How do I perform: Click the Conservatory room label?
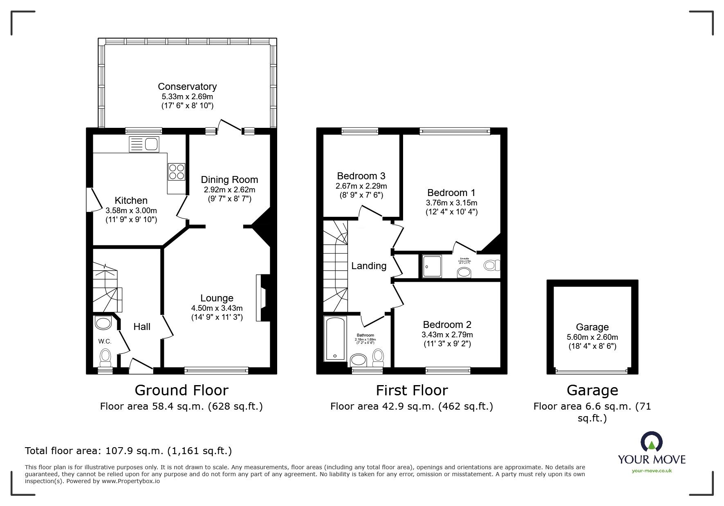pyautogui.click(x=187, y=87)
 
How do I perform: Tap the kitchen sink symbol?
pyautogui.click(x=143, y=144)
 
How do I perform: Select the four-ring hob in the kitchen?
pyautogui.click(x=176, y=172)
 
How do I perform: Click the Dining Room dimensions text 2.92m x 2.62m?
pyautogui.click(x=229, y=190)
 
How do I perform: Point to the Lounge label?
pyautogui.click(x=217, y=298)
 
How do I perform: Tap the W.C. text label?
pyautogui.click(x=105, y=341)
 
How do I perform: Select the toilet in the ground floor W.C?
pyautogui.click(x=105, y=358)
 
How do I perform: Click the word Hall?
pyautogui.click(x=142, y=327)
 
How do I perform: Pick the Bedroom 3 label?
pyautogui.click(x=361, y=176)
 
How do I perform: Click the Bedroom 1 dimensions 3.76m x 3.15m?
pyautogui.click(x=451, y=203)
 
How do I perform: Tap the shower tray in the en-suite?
pyautogui.click(x=432, y=267)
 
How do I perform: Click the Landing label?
pyautogui.click(x=369, y=266)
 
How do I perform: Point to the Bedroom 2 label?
pyautogui.click(x=447, y=325)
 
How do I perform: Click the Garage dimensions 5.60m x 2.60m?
pyautogui.click(x=592, y=337)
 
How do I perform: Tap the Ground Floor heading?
pyautogui.click(x=181, y=390)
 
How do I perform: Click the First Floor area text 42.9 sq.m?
pyautogui.click(x=412, y=406)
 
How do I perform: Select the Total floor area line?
pyautogui.click(x=128, y=451)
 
